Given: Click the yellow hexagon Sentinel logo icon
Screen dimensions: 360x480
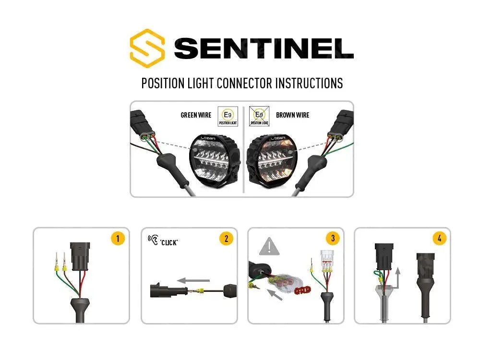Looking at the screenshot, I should point(147,48).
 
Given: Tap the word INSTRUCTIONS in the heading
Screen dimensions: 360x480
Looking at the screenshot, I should point(309,83).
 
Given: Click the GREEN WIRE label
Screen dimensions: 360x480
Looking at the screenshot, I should point(196,115).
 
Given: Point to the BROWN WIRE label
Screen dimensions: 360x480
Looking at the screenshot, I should point(292,115).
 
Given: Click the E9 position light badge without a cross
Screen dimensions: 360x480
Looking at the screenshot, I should point(228,116).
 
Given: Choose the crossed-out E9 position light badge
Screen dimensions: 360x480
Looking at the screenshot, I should point(259,116).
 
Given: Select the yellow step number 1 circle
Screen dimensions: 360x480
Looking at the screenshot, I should point(118,238).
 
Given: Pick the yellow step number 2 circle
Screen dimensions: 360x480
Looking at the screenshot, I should point(226,238).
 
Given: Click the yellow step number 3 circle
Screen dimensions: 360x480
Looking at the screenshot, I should point(332,238).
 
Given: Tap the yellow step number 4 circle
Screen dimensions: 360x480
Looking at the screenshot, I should point(439,238).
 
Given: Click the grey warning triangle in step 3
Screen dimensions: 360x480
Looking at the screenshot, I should point(269,247).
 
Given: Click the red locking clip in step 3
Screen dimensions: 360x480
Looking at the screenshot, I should point(301,290).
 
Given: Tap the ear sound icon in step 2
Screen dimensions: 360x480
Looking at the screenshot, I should point(154,240).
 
